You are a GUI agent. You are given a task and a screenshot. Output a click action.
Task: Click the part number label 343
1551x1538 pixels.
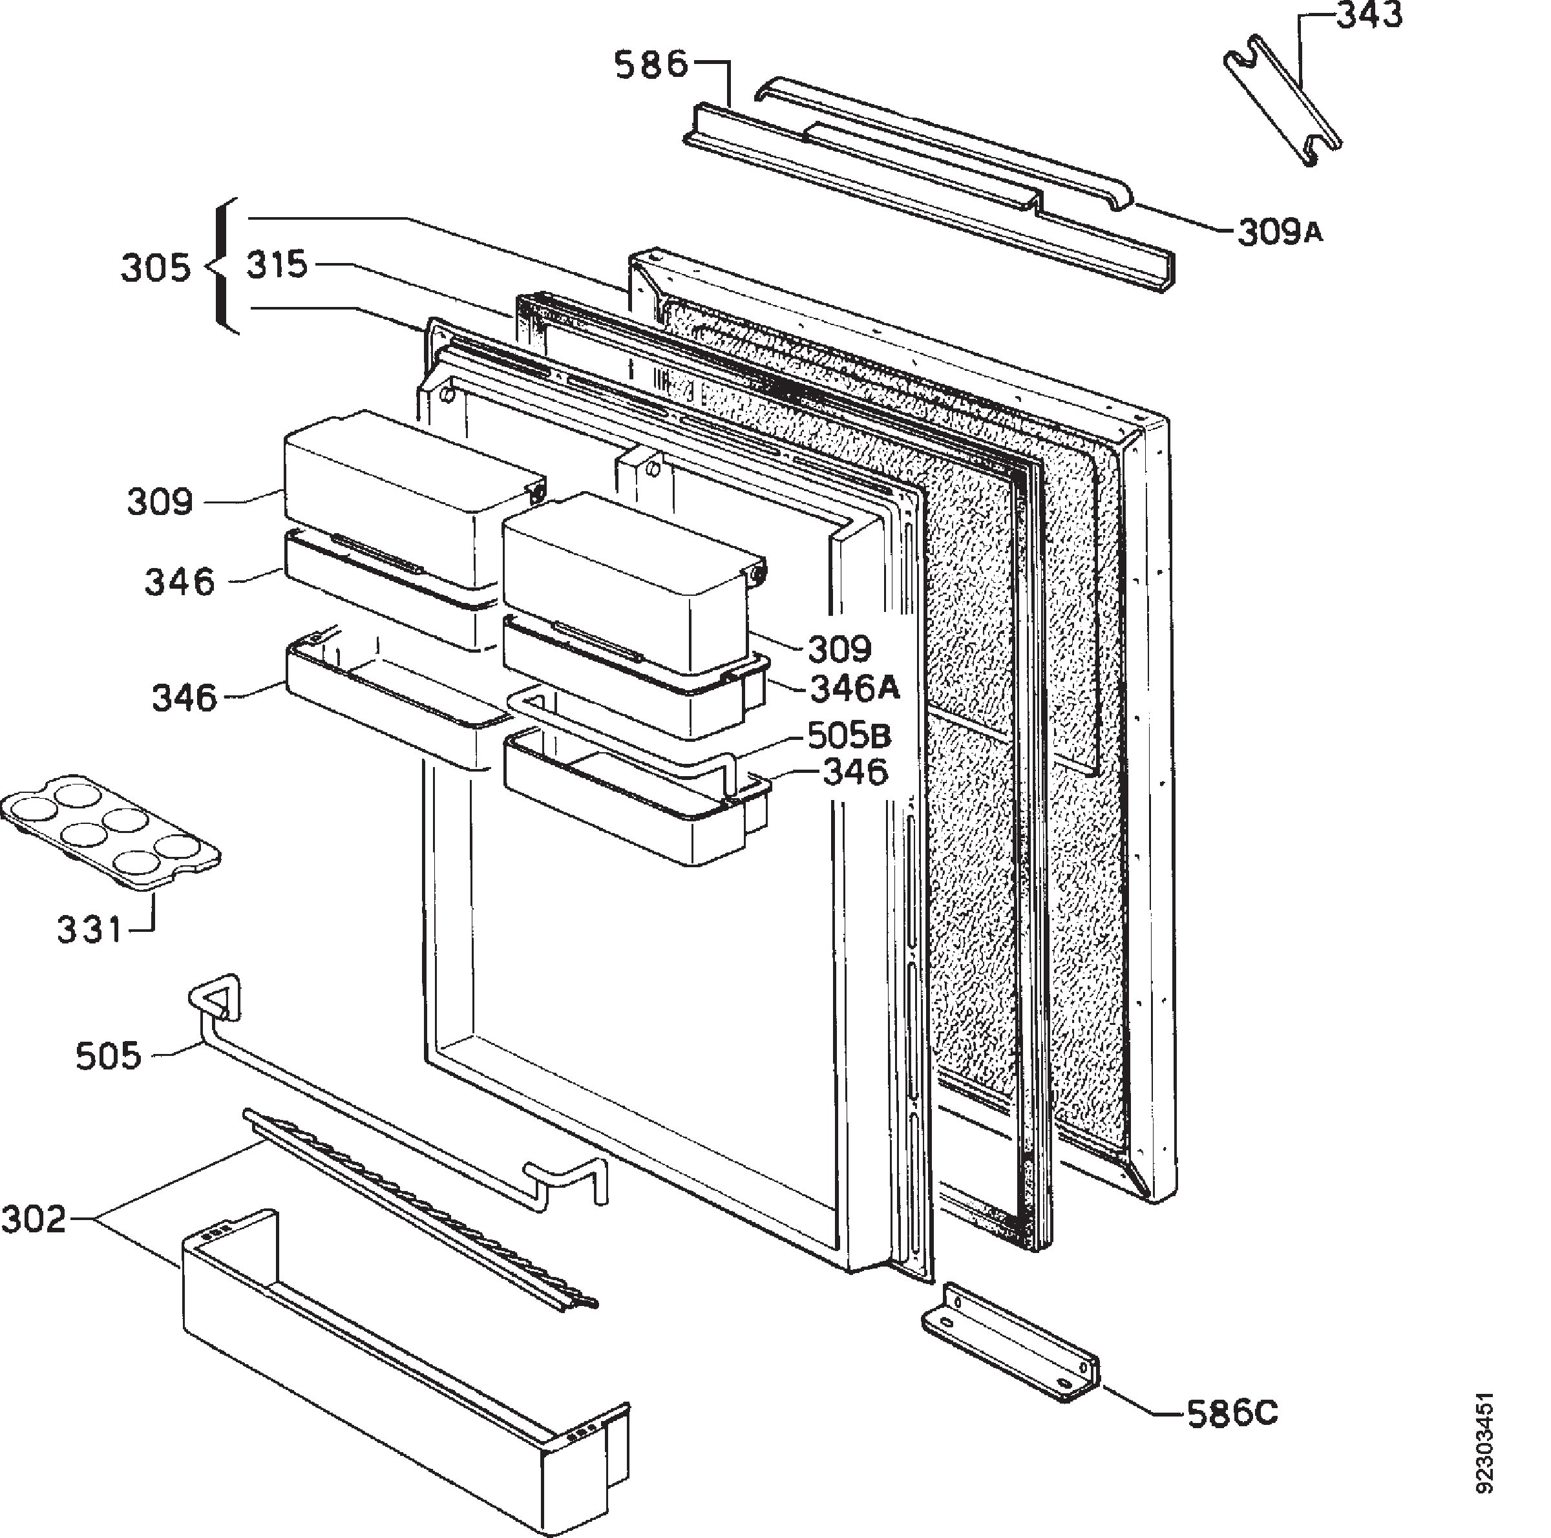pos(1369,16)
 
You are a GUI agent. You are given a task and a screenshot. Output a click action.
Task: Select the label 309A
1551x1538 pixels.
pos(1280,233)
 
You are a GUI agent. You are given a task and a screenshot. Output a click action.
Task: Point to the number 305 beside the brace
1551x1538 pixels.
pos(156,268)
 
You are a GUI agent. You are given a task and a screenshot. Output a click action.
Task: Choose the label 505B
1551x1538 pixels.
pos(849,735)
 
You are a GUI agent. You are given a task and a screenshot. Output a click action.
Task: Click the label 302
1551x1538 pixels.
pos(33,1219)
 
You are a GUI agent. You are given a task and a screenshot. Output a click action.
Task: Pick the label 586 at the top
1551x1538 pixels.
pos(652,64)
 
